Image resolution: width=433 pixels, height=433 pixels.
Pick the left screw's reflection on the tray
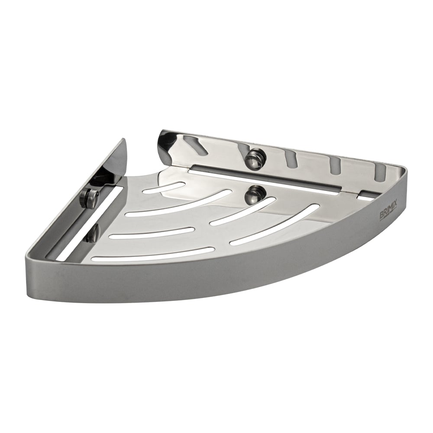coord(93,233)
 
